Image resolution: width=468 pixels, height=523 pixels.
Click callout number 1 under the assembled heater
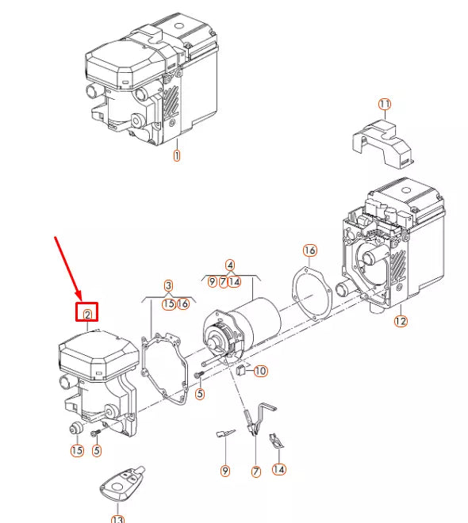click(x=176, y=155)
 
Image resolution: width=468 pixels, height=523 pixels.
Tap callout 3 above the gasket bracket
click(x=168, y=285)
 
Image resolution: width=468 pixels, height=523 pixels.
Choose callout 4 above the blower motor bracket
click(x=229, y=265)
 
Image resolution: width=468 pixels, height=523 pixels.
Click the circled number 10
click(x=261, y=371)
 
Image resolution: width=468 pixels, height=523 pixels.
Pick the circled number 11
click(x=384, y=105)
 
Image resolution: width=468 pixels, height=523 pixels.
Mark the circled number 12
click(x=400, y=321)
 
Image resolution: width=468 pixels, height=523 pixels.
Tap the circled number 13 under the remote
click(x=117, y=519)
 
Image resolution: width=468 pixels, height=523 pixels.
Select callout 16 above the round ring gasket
click(x=309, y=250)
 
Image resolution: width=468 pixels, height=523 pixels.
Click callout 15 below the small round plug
click(x=76, y=451)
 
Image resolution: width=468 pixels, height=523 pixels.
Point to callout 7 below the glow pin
click(x=256, y=471)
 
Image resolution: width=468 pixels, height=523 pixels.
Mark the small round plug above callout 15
click(x=76, y=429)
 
